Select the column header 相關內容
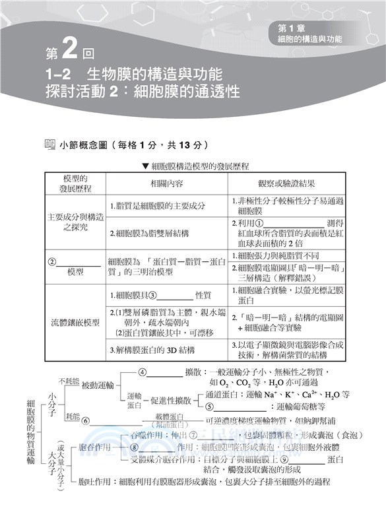coord(166,183)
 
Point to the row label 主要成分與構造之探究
coord(75,222)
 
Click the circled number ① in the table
coord(260,223)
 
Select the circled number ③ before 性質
coord(152,296)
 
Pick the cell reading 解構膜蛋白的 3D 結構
coord(155,350)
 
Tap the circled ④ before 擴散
coord(142,372)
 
